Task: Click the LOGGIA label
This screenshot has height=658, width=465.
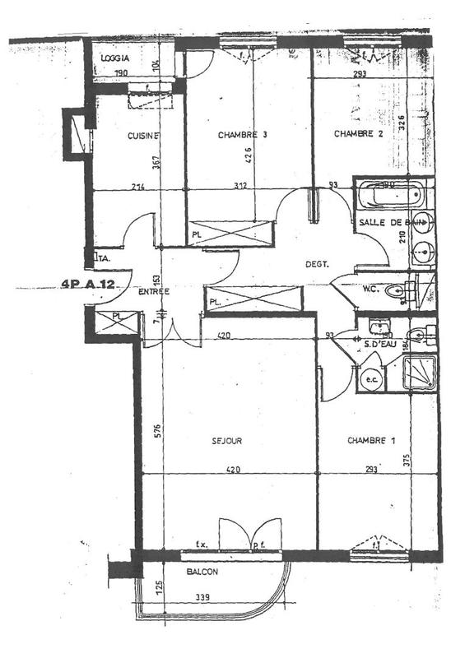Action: pyautogui.click(x=117, y=59)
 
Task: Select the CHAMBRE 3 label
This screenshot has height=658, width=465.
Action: pyautogui.click(x=243, y=135)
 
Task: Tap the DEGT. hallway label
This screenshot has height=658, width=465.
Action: pyautogui.click(x=317, y=264)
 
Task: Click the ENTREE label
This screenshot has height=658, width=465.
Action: pyautogui.click(x=155, y=293)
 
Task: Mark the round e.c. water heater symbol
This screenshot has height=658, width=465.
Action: pyautogui.click(x=370, y=379)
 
